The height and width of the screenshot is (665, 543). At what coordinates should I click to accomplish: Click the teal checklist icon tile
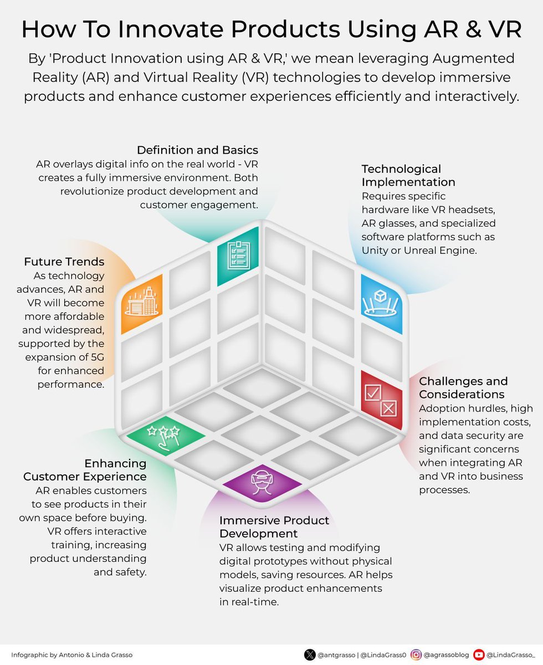pos(238,255)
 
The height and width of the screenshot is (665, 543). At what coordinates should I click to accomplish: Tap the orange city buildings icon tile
pos(142,304)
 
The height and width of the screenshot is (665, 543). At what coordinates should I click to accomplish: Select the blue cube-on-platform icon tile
pos(381,304)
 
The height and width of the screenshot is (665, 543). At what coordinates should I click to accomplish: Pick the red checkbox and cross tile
pos(381,400)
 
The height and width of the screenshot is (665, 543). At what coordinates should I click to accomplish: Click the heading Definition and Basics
pos(197,150)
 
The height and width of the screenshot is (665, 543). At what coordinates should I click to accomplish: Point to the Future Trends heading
pos(64,262)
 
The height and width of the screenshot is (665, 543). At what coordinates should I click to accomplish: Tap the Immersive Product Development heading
pos(274,527)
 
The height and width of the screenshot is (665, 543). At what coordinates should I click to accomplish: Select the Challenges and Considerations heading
pos(463,387)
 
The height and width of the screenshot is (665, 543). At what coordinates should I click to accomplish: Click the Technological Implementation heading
pos(408,175)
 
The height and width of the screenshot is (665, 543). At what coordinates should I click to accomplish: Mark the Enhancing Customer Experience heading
pos(85,470)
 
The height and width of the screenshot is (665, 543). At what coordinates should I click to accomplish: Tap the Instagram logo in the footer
pos(416,654)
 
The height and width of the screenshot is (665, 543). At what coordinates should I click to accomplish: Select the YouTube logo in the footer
pos(479,654)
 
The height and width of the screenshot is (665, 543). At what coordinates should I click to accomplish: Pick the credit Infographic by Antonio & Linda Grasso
pos(71,654)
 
